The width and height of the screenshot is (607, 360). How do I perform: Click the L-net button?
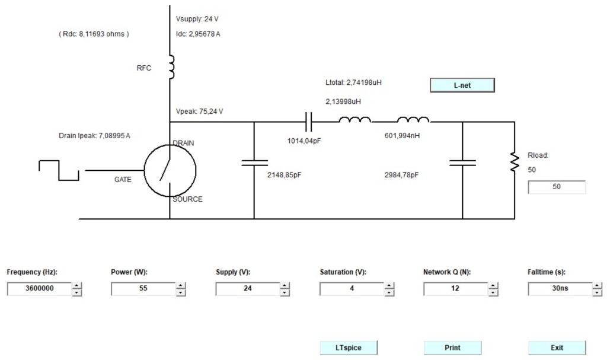[462, 85]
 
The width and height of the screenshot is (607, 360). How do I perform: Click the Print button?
[452, 348]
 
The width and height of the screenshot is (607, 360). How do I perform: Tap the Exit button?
[557, 348]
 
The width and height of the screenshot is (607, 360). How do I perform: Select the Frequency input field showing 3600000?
[40, 289]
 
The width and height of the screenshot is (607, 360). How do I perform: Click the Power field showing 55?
[143, 289]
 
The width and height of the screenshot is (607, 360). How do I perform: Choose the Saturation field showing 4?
[352, 289]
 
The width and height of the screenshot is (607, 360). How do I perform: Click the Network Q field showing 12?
[455, 289]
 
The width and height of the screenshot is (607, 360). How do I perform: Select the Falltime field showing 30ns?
[560, 289]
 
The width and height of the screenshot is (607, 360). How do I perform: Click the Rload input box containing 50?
[557, 187]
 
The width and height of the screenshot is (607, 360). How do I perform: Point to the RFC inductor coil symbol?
[171, 68]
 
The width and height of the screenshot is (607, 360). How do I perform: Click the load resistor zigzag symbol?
[515, 162]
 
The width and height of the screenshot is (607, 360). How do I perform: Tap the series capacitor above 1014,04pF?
[308, 122]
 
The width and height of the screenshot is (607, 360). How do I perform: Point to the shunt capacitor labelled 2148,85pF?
[254, 163]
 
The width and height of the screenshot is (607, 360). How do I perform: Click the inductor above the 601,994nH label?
[413, 120]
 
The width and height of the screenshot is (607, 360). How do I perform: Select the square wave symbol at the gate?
[59, 170]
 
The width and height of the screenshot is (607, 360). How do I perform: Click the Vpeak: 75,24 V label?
[199, 111]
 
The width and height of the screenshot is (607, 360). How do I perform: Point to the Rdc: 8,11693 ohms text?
[94, 34]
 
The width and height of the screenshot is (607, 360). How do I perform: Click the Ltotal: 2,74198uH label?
[353, 82]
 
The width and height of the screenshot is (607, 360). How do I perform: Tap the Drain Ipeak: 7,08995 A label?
[94, 136]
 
